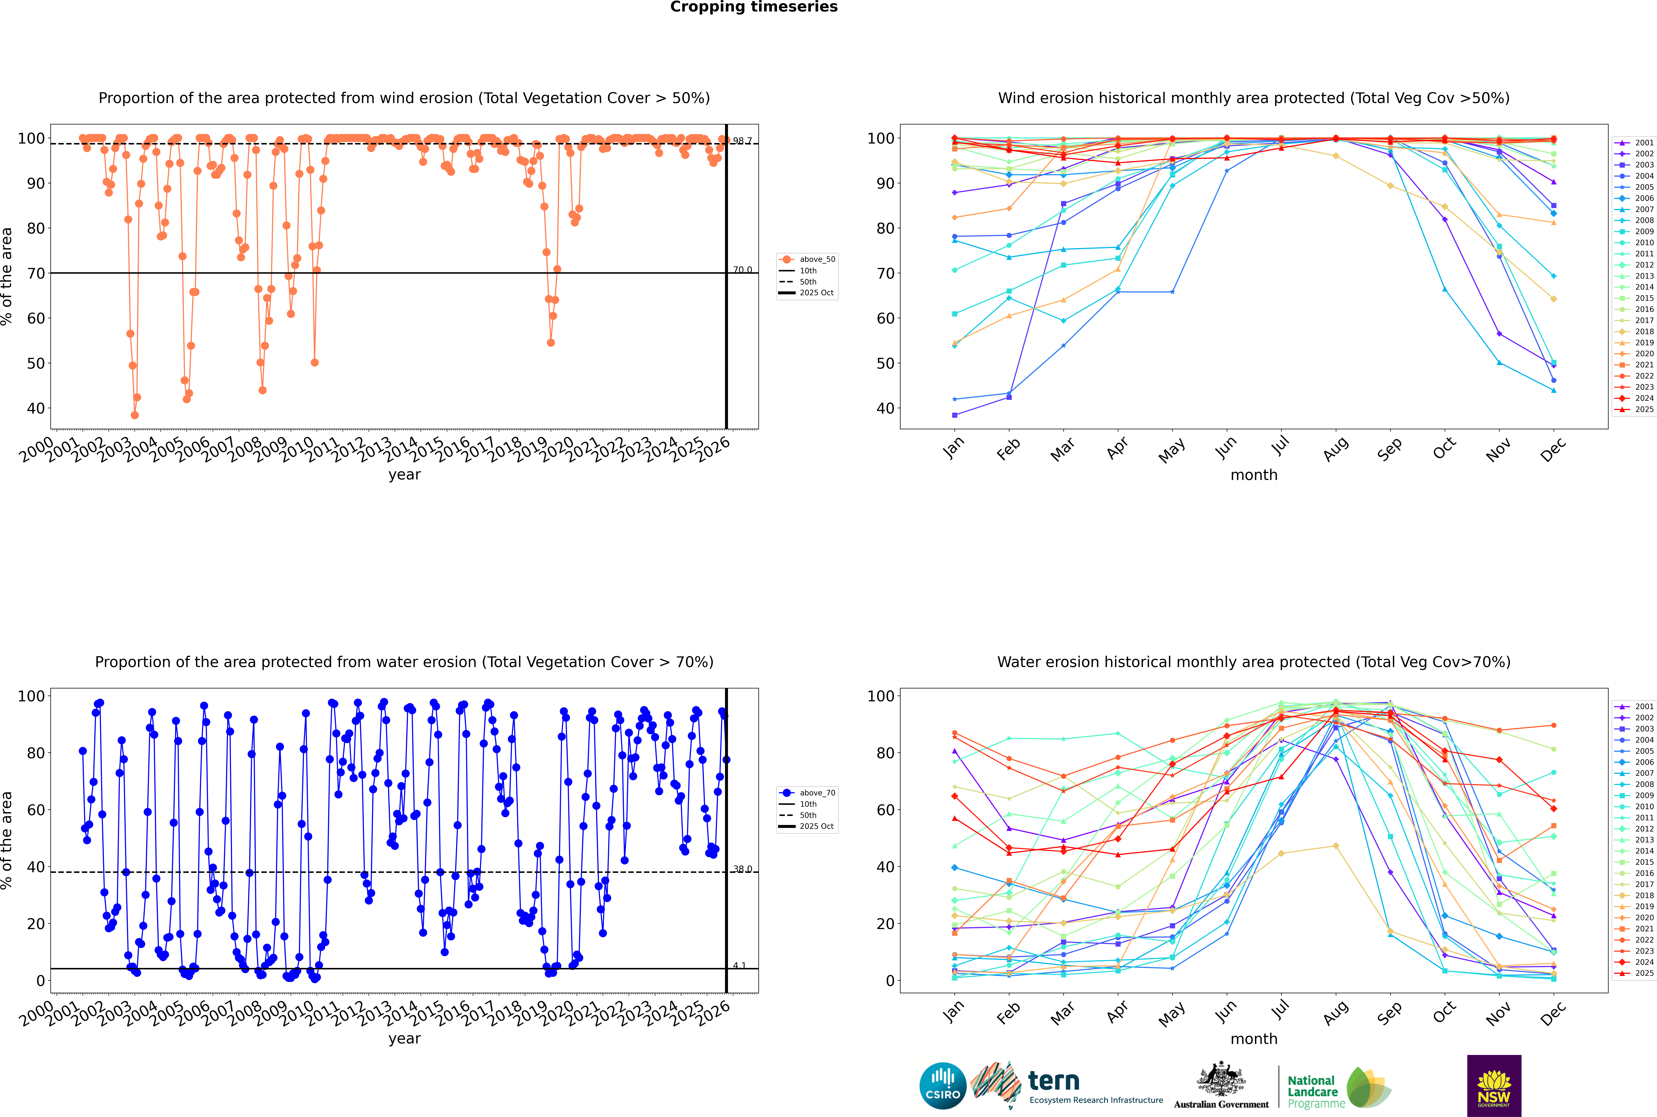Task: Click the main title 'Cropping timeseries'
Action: tap(754, 7)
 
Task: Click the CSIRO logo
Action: tap(942, 1086)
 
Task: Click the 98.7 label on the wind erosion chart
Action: tap(742, 141)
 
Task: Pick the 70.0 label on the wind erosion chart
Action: tap(742, 270)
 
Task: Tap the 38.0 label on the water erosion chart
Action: tap(742, 869)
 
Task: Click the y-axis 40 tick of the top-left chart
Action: tap(36, 408)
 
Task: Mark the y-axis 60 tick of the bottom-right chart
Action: tap(885, 810)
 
